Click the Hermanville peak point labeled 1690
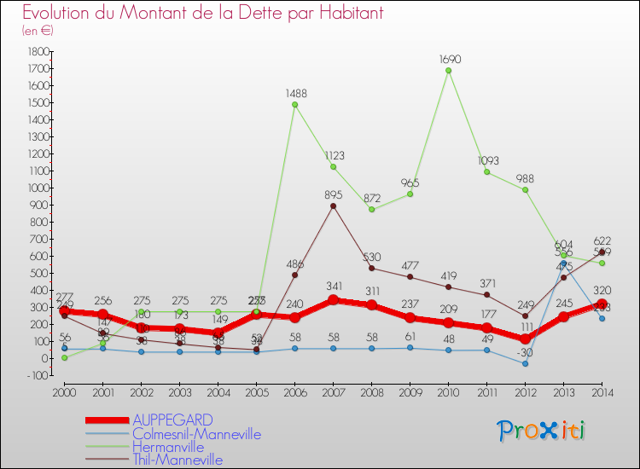coord(448,70)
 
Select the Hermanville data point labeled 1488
coord(294,105)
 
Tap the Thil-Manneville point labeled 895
coord(333,206)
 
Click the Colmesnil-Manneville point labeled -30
coord(525,363)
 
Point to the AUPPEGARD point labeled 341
coord(333,300)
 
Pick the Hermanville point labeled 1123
coord(333,166)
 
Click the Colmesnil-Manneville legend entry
coord(196,434)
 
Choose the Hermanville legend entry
coord(167,447)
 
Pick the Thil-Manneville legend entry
coord(177,460)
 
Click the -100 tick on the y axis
coord(36,375)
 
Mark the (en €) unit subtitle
coord(38,31)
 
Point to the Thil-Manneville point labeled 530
coord(371,268)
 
